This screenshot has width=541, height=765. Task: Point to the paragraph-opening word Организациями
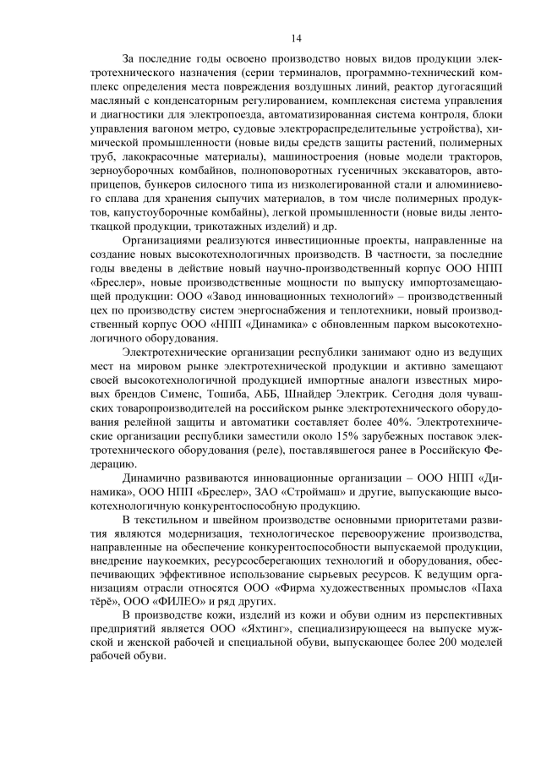[x=165, y=239]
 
